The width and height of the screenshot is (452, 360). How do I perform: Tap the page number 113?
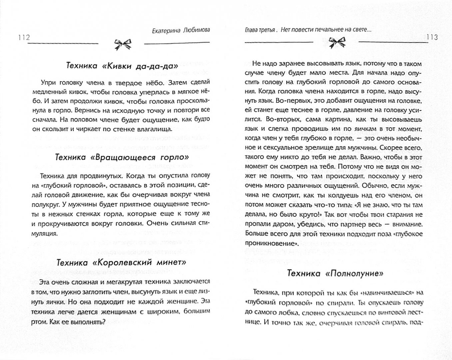point(432,37)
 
